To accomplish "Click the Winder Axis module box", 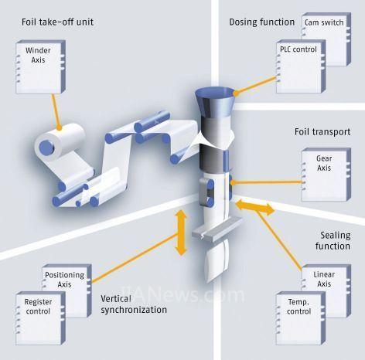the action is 40,67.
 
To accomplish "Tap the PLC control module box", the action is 301,66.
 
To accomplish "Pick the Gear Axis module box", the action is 326,175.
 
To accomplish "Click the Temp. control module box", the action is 301,318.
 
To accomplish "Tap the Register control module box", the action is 40,318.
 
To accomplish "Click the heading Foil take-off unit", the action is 57,22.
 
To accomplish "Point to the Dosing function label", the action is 262,22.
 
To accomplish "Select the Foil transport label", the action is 322,132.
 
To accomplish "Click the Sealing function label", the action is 333,241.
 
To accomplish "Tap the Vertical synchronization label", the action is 134,304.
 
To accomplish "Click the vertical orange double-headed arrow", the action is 181,233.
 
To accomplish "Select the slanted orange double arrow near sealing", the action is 255,207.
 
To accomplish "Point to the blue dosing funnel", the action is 214,103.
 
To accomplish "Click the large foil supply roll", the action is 60,141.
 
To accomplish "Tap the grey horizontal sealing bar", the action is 217,229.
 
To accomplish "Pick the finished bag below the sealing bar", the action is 218,260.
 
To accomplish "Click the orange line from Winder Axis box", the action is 56,111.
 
